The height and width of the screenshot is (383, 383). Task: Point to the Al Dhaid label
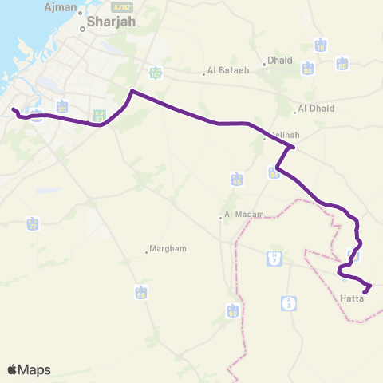(x=316, y=109)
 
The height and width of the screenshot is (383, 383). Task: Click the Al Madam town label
(x=240, y=214)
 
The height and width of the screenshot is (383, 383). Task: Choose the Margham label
(x=168, y=248)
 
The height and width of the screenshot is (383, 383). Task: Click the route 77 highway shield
(x=33, y=223)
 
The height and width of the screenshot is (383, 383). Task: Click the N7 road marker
(x=274, y=259)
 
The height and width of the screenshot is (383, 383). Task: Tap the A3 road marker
(x=288, y=302)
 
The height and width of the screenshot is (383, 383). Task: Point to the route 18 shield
(x=321, y=45)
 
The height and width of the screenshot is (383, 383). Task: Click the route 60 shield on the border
(x=234, y=310)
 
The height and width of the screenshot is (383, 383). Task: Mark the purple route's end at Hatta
(x=364, y=292)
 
